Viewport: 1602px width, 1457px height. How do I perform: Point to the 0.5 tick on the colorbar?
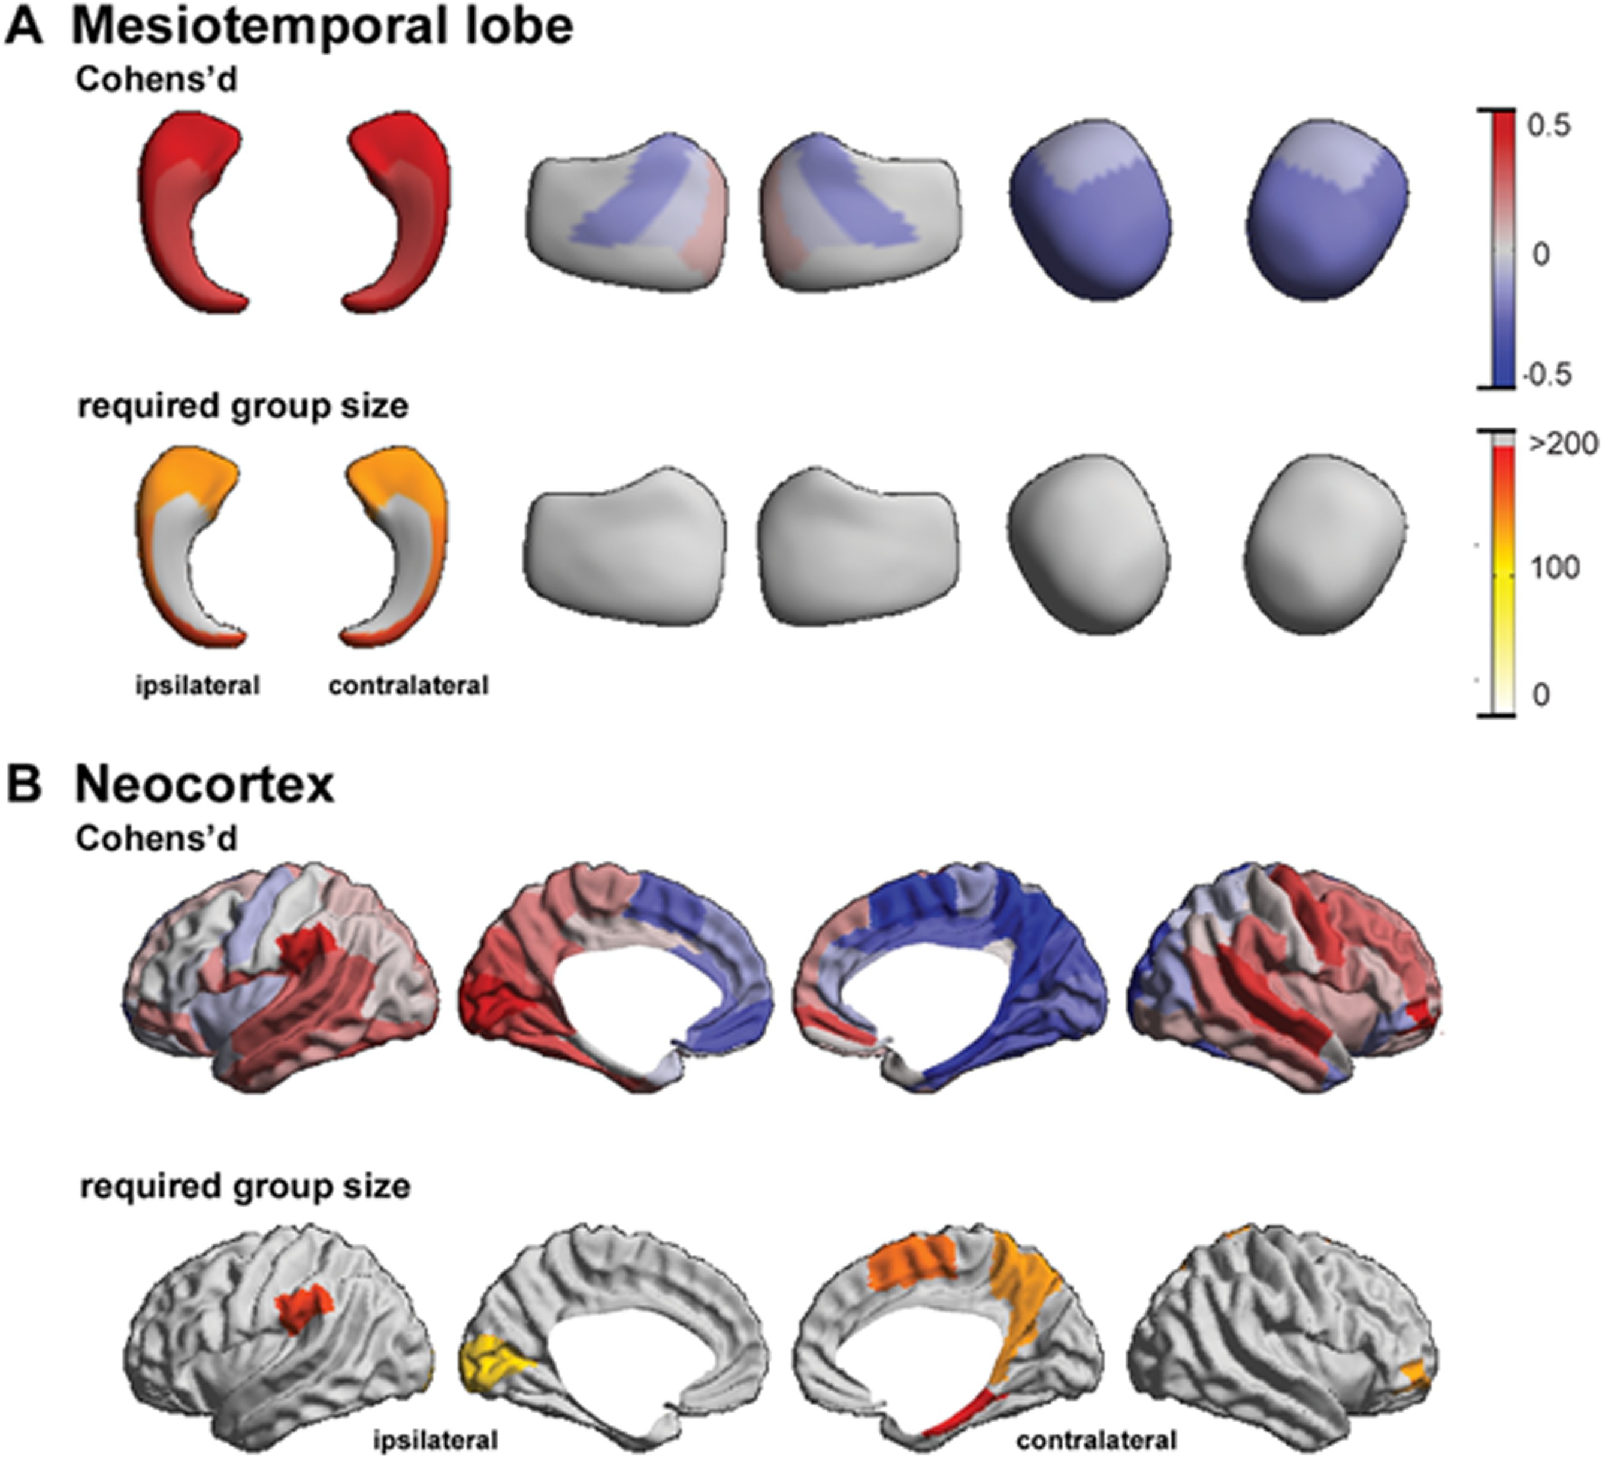tap(1549, 126)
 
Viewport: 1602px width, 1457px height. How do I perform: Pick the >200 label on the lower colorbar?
tap(1563, 443)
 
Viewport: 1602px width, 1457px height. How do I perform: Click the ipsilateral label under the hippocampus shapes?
tap(197, 685)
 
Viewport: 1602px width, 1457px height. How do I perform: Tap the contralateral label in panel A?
tap(409, 685)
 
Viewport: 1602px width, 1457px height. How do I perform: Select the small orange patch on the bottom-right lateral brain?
tap(1416, 1373)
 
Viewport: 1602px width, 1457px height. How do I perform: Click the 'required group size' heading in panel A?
tap(243, 407)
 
